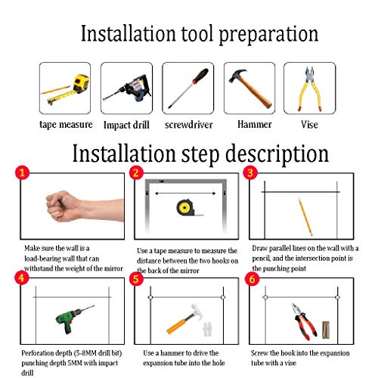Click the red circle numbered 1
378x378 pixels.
click(22, 172)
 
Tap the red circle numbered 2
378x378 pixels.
click(136, 173)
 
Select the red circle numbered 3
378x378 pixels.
click(250, 173)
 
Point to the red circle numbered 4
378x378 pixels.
click(22, 277)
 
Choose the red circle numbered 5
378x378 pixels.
click(136, 279)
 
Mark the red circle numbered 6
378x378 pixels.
click(253, 279)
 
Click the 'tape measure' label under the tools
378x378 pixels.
click(66, 125)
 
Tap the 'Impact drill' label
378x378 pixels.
click(126, 125)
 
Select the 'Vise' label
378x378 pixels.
click(309, 125)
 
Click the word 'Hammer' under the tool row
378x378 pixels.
click(255, 124)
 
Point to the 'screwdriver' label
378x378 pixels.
click(189, 125)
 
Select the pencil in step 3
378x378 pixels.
click(305, 217)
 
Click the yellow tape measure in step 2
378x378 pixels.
click(187, 208)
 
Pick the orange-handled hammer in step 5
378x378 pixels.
click(184, 319)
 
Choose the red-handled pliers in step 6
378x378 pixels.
click(304, 321)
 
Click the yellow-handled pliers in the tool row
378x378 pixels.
click(310, 89)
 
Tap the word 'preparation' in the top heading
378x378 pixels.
click(268, 35)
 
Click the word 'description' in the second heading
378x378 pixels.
click(277, 154)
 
